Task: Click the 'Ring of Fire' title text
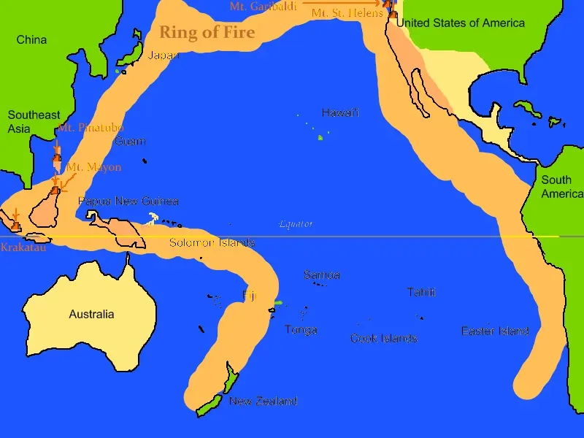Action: coord(207,32)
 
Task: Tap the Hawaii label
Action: coord(340,113)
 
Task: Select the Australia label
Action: coord(91,314)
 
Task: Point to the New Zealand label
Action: coord(263,401)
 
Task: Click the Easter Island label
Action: coord(495,331)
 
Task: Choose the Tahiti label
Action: coord(421,292)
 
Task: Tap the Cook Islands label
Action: coord(383,338)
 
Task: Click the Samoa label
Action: coord(321,275)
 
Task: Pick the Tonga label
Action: coord(301,330)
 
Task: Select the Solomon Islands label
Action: coord(212,242)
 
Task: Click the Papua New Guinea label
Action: coord(128,201)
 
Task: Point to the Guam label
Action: coord(130,141)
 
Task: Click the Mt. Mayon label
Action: coord(93,167)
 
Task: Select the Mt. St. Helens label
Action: coord(347,13)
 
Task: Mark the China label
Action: coord(31,39)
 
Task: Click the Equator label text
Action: coord(296,224)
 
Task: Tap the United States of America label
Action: coord(461,23)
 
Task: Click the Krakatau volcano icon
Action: coord(16,226)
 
